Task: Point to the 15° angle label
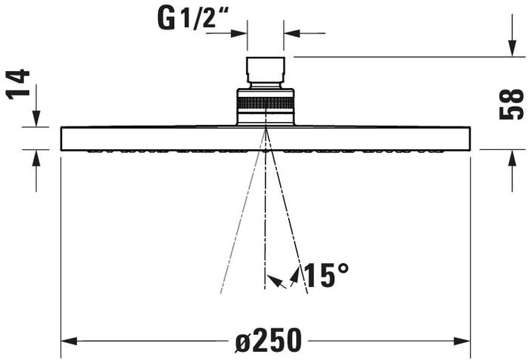pyautogui.click(x=325, y=276)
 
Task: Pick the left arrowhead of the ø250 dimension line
pyautogui.click(x=69, y=342)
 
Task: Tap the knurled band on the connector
pyautogui.click(x=265, y=101)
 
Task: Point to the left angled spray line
pyautogui.click(x=240, y=222)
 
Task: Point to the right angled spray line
pyautogui.click(x=290, y=222)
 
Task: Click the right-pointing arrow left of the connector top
pyautogui.click(x=240, y=33)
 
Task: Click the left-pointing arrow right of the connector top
pyautogui.click(x=291, y=33)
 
